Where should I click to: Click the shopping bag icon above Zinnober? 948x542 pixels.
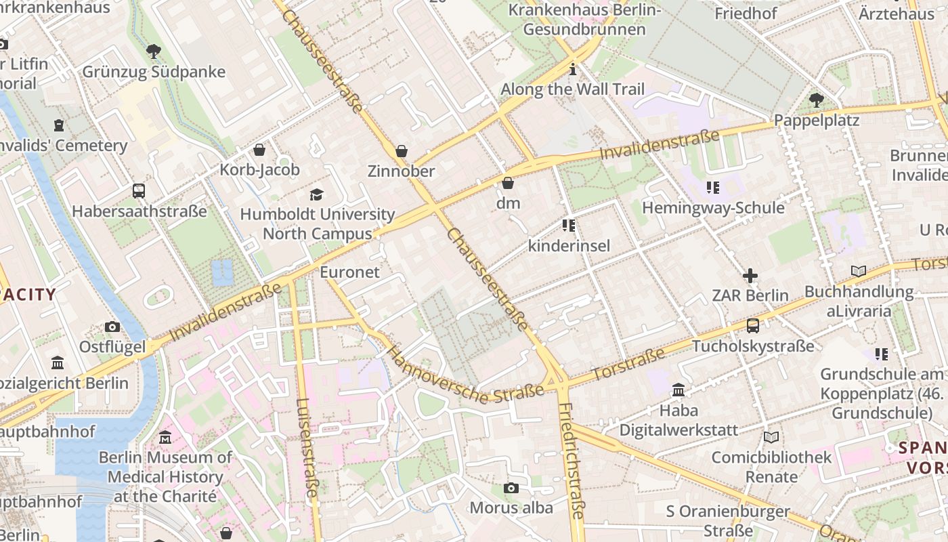tap(402, 150)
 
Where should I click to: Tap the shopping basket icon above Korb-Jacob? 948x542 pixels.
tap(259, 150)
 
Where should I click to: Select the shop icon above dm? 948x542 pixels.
tap(508, 183)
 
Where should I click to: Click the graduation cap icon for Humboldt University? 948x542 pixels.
tap(316, 195)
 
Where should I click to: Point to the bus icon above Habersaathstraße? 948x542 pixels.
tap(139, 191)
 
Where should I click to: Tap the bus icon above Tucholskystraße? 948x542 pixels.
tap(752, 326)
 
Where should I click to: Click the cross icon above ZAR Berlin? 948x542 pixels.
tap(750, 276)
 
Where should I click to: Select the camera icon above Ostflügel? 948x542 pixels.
tap(112, 327)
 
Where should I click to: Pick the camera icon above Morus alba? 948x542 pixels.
tap(511, 488)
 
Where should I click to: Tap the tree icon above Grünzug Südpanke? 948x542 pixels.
tap(154, 51)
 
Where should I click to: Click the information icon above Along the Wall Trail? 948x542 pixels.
tap(573, 69)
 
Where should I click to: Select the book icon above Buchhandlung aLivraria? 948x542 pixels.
tap(858, 272)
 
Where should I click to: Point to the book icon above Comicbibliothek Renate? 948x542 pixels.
tap(771, 437)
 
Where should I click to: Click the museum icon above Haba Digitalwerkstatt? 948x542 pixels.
tap(678, 390)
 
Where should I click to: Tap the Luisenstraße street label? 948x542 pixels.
tap(306, 447)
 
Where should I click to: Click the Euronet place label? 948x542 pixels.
tap(349, 272)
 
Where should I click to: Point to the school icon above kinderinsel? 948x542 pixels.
tap(568, 225)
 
